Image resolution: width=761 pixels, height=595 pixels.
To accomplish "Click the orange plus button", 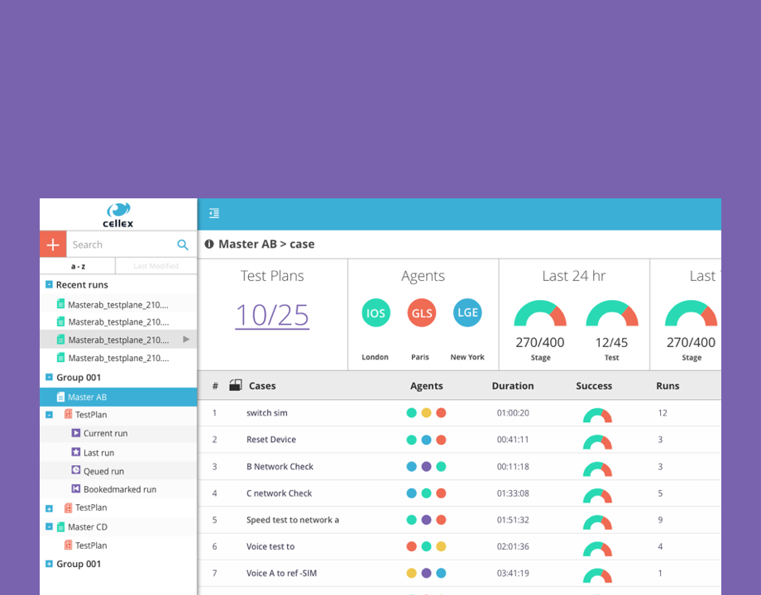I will click(52, 245).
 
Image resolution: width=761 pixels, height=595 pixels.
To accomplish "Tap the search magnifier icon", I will click(183, 245).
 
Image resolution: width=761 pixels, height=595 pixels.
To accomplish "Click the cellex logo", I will click(118, 215).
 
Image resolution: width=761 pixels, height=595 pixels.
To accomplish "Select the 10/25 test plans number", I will click(272, 315).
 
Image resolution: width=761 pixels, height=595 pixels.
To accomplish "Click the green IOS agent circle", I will click(376, 313).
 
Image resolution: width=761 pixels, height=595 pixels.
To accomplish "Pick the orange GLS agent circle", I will click(422, 313).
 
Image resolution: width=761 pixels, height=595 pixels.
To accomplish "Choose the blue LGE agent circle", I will click(467, 312).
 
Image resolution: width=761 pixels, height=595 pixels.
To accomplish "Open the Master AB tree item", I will click(87, 397).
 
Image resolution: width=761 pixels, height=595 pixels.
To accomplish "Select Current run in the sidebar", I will click(105, 433).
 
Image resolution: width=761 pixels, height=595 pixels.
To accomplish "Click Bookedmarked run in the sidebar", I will click(119, 489).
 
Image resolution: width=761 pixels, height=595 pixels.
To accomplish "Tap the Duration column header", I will click(513, 386).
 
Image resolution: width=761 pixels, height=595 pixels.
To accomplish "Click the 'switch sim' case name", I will click(267, 412).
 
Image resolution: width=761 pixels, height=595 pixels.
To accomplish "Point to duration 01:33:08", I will click(513, 493).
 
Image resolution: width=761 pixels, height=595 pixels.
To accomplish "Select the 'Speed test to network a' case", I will click(293, 520).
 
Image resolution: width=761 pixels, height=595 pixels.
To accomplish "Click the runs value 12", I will click(663, 412).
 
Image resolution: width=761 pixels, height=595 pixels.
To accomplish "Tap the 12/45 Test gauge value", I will click(611, 342).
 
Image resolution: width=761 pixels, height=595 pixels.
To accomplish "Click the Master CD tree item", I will click(87, 526).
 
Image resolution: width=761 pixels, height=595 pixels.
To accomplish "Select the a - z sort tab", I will click(78, 266).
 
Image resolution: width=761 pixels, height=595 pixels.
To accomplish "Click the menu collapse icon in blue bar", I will click(214, 214).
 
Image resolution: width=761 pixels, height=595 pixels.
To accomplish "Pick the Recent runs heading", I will click(82, 285).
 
